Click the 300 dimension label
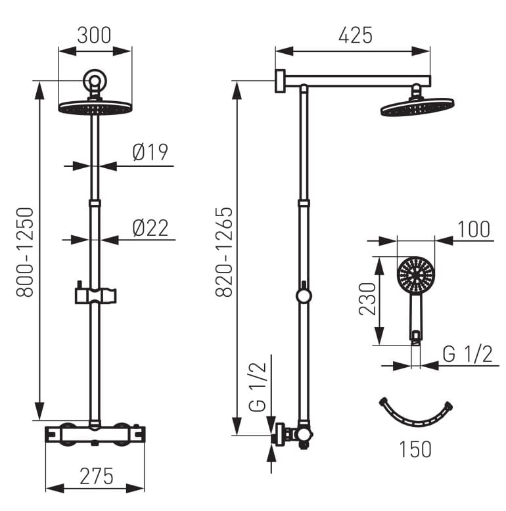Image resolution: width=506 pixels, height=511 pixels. point(94,35)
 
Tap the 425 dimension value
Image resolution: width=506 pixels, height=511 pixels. point(356,35)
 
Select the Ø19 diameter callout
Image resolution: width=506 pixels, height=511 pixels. point(150,152)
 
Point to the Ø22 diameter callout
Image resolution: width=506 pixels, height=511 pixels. point(150,228)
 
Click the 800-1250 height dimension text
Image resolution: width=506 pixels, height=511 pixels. point(25,252)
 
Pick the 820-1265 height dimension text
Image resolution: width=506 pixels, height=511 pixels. point(224,252)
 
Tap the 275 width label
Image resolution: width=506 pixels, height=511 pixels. point(97,476)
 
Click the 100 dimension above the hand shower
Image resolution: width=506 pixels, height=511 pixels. point(474,229)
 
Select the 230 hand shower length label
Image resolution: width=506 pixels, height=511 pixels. point(367,299)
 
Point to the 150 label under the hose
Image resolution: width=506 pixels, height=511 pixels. point(415,449)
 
